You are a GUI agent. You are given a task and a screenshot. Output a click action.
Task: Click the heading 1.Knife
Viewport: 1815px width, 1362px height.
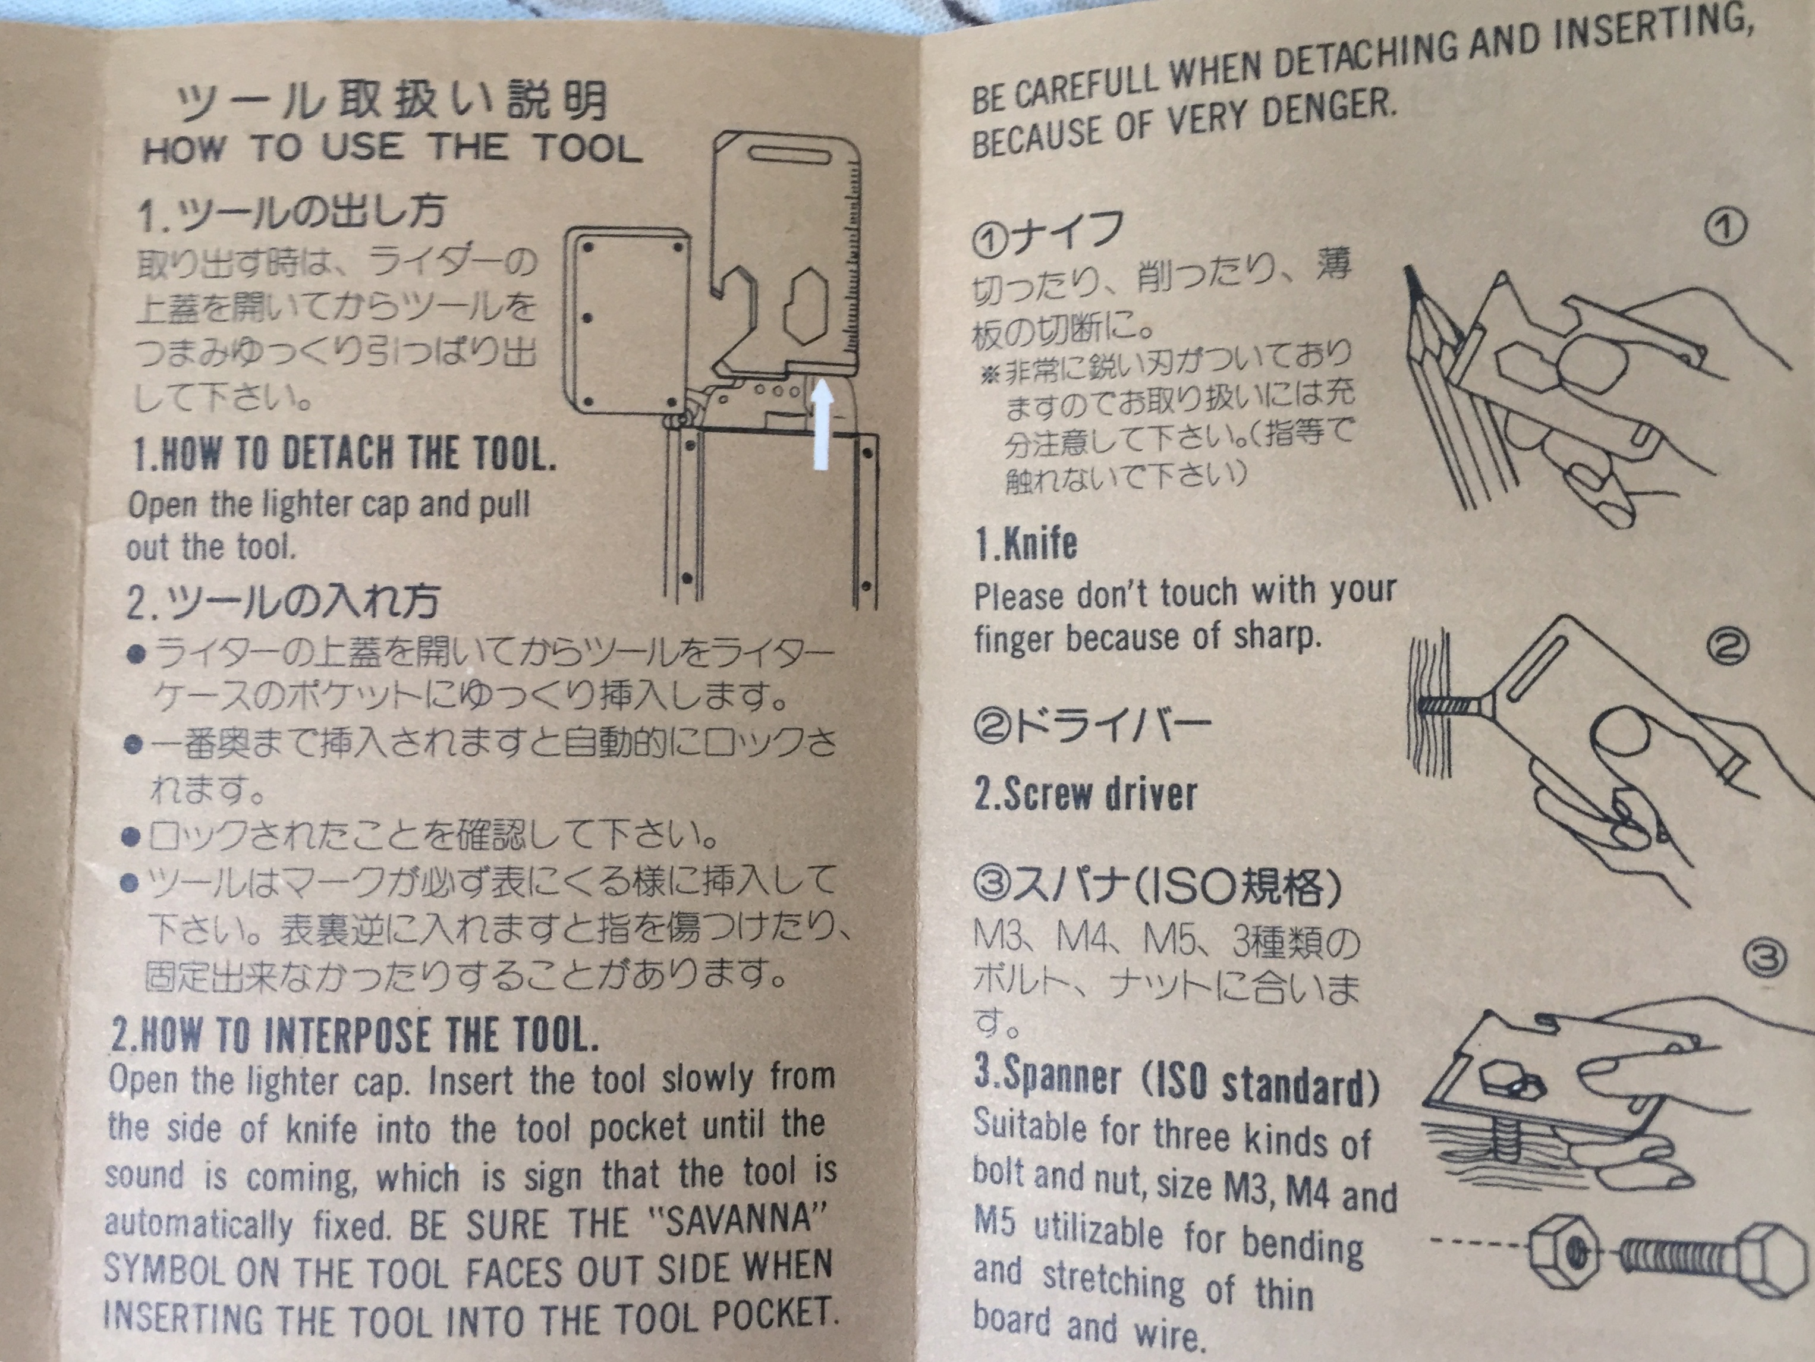pos(1026,544)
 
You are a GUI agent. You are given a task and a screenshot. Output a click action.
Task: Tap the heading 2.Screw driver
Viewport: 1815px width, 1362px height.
pos(1086,794)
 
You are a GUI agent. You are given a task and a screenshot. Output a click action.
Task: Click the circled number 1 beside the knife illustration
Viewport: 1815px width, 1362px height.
pos(1726,227)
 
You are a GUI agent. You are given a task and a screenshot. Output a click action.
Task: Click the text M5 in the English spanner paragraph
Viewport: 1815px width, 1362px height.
pos(995,1222)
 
